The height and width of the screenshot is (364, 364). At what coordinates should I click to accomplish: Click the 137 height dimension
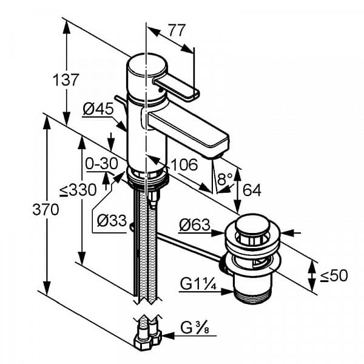click(x=66, y=79)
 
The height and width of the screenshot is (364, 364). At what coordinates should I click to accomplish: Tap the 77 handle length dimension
click(x=177, y=30)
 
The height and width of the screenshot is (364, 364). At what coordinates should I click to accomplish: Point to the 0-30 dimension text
click(x=101, y=164)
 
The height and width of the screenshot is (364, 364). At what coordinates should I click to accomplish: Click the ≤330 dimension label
click(x=78, y=190)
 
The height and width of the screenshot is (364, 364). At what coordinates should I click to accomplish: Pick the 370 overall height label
click(x=45, y=209)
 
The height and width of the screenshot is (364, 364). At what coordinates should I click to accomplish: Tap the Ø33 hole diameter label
click(x=112, y=221)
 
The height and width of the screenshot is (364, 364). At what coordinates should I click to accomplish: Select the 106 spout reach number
click(x=184, y=164)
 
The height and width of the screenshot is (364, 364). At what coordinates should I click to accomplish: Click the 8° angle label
click(x=224, y=179)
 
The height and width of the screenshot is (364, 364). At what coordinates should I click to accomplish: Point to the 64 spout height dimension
click(x=252, y=190)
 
